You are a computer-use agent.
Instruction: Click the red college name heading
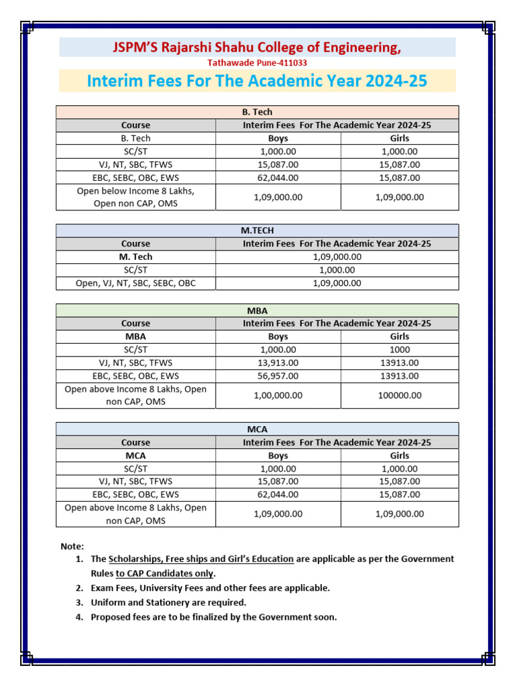257,47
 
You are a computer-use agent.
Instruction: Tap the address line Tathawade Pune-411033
257,62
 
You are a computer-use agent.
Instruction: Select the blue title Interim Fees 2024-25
257,82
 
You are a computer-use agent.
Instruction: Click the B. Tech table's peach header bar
257,112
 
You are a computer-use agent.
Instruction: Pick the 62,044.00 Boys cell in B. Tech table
278,178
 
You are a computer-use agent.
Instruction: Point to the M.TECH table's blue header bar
257,230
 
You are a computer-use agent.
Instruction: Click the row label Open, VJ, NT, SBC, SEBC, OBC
136,283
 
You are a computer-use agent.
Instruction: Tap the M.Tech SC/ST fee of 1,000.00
337,270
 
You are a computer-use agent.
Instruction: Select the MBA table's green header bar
257,310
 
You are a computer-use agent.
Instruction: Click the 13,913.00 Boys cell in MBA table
278,363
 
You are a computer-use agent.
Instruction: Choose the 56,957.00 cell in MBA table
278,376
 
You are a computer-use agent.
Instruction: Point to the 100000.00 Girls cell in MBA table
400,395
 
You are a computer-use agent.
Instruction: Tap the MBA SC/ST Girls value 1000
400,350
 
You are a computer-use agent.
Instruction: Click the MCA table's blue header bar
257,429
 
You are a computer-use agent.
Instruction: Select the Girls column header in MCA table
400,456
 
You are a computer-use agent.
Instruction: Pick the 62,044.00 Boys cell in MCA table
278,494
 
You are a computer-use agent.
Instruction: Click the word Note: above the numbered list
72,547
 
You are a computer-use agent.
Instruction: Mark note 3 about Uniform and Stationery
168,602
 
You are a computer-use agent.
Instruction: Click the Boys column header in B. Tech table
278,138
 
